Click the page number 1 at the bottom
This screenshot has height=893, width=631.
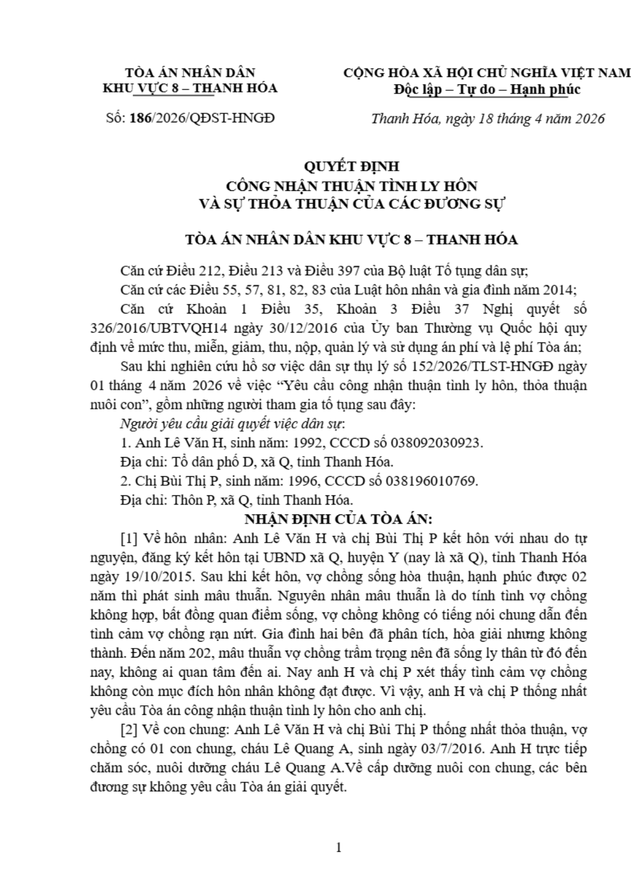pyautogui.click(x=338, y=847)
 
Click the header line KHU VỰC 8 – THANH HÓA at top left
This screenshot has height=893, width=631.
pyautogui.click(x=190, y=88)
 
